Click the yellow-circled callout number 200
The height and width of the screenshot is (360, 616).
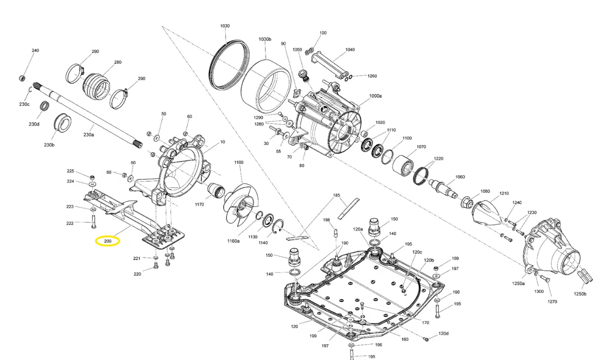107,241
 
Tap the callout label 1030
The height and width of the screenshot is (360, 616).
225,26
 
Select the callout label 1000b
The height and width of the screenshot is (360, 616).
265,39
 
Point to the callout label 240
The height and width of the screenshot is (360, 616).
35,50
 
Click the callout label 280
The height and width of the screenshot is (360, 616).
118,62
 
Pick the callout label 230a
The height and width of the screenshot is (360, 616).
89,135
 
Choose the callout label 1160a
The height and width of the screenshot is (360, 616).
233,241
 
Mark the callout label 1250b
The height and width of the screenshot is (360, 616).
580,294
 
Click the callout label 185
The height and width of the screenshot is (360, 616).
337,195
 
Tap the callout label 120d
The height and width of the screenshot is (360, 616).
443,334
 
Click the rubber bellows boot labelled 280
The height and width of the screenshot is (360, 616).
96,85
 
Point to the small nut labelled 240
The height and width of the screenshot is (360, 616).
22,78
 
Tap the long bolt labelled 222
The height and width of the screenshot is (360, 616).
93,222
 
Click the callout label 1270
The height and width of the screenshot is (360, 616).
552,302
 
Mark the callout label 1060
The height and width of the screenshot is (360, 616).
460,177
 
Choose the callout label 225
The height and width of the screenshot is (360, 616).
70,171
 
